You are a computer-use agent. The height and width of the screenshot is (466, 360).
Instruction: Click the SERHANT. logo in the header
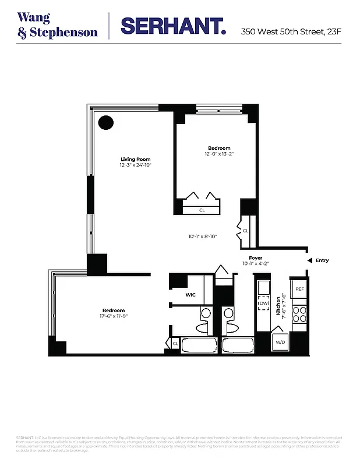pyautogui.click(x=172, y=26)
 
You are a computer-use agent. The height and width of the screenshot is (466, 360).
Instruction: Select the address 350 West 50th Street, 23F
pyautogui.click(x=291, y=31)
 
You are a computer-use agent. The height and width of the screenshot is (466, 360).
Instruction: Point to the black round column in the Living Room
pyautogui.click(x=105, y=123)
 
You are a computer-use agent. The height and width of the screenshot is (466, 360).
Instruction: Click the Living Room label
pyautogui.click(x=135, y=160)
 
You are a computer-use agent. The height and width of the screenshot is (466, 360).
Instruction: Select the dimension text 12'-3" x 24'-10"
pyautogui.click(x=135, y=165)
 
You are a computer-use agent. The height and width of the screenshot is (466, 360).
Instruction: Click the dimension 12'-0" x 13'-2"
pyautogui.click(x=219, y=154)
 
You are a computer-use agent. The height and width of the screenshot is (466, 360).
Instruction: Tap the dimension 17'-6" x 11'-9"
pyautogui.click(x=113, y=317)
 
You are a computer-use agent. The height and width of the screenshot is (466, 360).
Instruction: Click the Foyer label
pyautogui.click(x=255, y=257)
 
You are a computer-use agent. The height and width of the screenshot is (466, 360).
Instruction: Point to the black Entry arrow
pyautogui.click(x=310, y=260)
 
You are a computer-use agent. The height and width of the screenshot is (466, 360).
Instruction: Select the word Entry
pyautogui.click(x=322, y=260)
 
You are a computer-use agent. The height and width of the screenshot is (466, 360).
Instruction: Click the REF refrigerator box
pyautogui.click(x=299, y=289)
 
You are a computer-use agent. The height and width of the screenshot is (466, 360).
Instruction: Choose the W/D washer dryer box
pyautogui.click(x=280, y=342)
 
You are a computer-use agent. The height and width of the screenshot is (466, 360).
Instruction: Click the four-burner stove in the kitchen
pyautogui.click(x=299, y=315)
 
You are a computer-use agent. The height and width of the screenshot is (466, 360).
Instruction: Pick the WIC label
pyautogui.click(x=190, y=295)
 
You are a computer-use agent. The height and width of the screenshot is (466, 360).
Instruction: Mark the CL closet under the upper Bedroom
pyautogui.click(x=202, y=210)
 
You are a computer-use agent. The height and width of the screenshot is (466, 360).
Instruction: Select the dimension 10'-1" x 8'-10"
pyautogui.click(x=202, y=236)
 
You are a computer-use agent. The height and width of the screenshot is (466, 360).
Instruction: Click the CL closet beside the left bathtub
pyautogui.click(x=175, y=344)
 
